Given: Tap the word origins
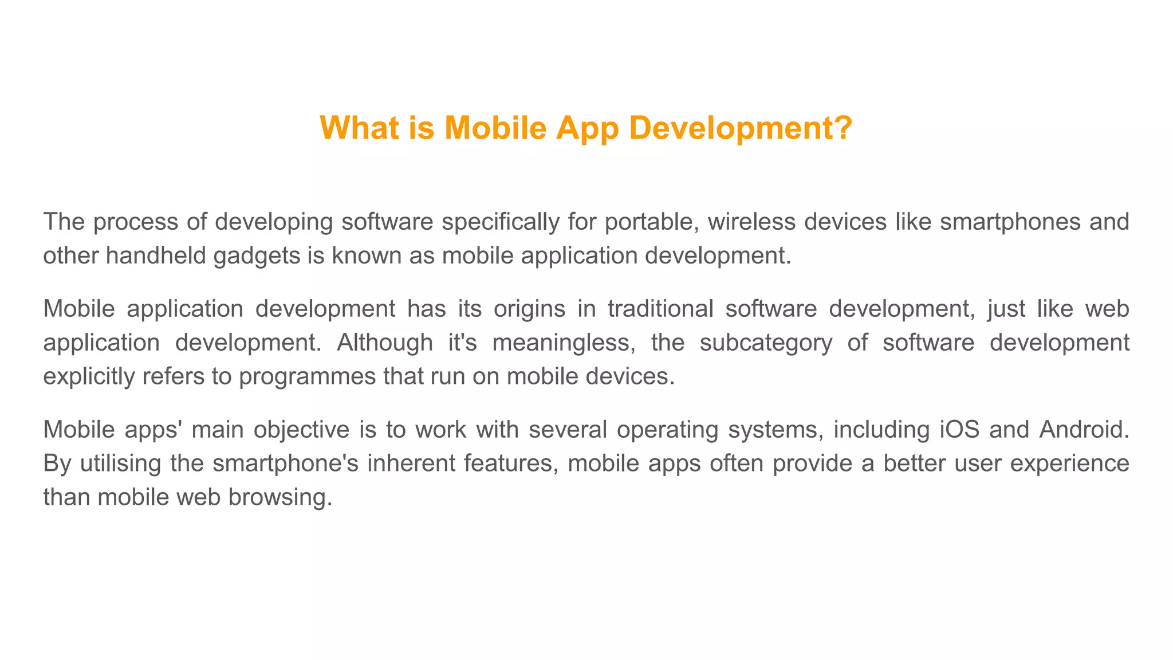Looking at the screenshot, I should (x=529, y=309).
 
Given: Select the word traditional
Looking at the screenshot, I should (x=660, y=309).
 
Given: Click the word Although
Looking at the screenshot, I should (x=385, y=343).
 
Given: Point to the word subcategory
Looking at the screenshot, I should (x=766, y=343).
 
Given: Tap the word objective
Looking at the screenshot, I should (x=301, y=430).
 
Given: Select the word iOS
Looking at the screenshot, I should (x=959, y=430).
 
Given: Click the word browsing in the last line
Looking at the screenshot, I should (x=280, y=497).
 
